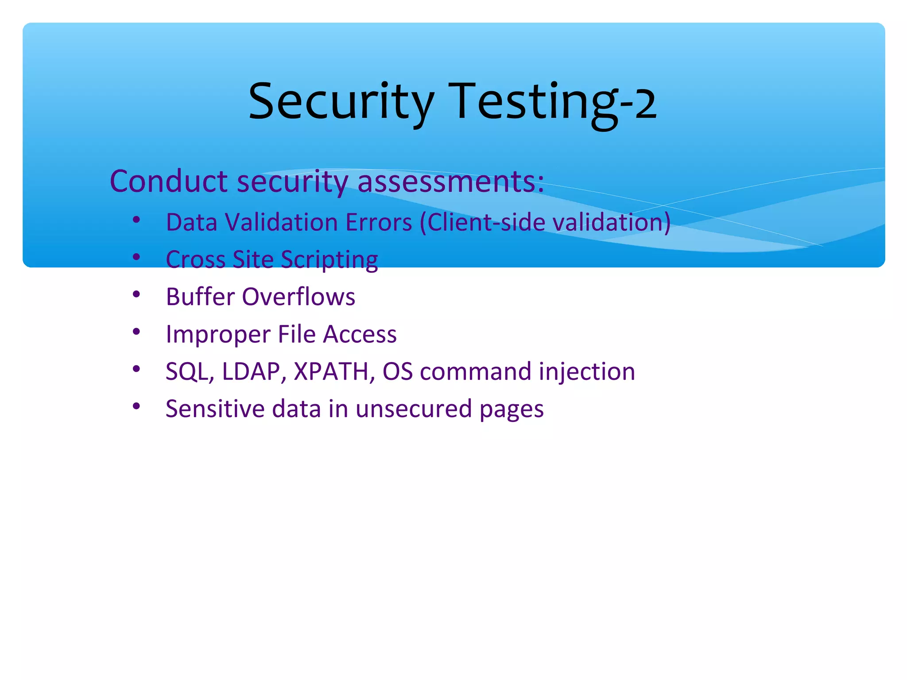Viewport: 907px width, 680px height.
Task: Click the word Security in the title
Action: click(x=341, y=102)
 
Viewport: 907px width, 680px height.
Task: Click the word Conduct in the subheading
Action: click(x=169, y=182)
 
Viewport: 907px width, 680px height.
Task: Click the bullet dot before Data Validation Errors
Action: click(x=136, y=220)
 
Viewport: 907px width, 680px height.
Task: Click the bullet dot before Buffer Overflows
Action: click(x=136, y=294)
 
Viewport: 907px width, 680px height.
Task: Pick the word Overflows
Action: click(x=298, y=297)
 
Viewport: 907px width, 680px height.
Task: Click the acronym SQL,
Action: click(x=190, y=372)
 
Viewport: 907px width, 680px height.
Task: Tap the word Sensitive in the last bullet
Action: click(x=215, y=409)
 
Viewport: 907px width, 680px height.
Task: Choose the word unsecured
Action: click(x=414, y=409)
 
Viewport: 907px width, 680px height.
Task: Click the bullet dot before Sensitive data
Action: click(x=136, y=406)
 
